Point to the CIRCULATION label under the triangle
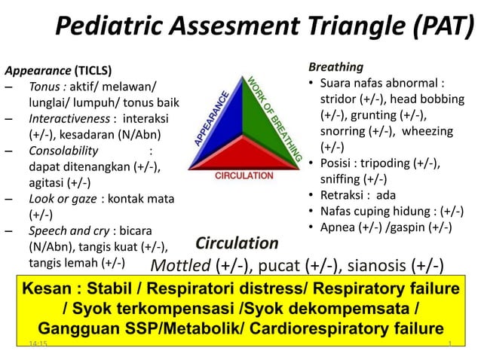pos(244,175)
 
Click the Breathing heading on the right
pos(335,67)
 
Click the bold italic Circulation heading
pos(237,243)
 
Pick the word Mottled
pos(181,265)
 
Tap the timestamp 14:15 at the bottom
pos(35,343)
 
